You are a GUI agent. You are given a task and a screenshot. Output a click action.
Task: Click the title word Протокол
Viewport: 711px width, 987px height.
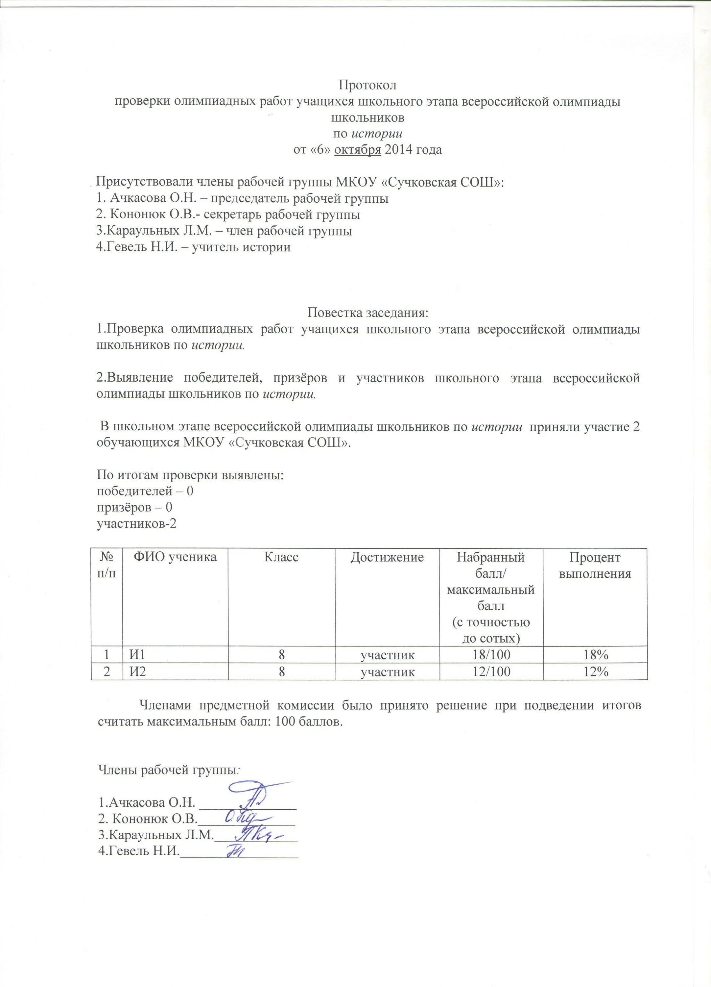(367, 85)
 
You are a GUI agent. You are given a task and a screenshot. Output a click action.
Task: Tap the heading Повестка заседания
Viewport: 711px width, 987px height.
(367, 313)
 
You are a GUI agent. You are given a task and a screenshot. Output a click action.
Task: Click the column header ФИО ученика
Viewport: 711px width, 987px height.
(175, 557)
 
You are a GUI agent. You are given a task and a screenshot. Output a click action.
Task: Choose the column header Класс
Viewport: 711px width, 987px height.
(281, 557)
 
